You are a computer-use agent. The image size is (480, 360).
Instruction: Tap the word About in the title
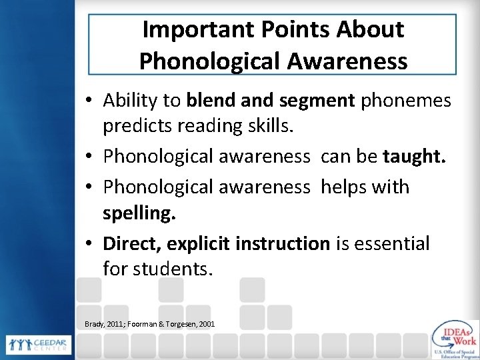373,30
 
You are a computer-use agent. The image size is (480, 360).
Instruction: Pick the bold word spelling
137,215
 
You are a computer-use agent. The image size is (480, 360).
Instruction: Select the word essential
393,243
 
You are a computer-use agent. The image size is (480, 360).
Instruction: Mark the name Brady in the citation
97,324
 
